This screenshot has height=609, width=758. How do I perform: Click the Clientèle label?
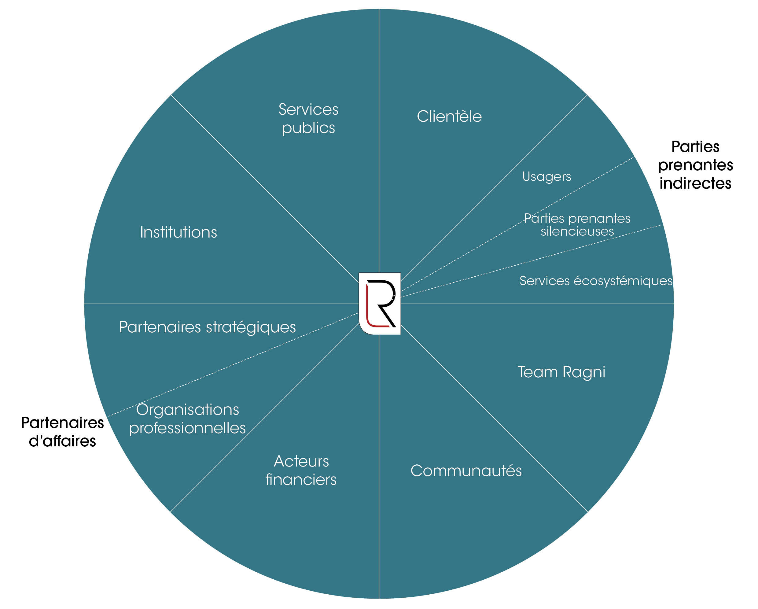point(449,116)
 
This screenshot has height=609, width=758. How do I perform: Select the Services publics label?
point(308,119)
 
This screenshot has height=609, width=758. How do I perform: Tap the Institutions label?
point(178,232)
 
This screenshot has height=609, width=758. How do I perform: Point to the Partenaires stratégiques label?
point(208,327)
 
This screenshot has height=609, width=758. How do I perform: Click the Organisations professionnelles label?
point(187,419)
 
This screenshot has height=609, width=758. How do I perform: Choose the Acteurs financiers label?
point(301,470)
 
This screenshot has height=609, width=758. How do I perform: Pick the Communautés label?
point(466,471)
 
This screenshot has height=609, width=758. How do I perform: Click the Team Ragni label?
point(561,372)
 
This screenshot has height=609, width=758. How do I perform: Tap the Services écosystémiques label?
point(596,281)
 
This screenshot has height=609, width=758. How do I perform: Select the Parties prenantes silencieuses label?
point(577,225)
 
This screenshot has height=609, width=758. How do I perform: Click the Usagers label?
point(547,176)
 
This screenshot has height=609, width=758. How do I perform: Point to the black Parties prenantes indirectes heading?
point(695,165)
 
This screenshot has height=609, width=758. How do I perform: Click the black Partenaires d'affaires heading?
point(62,432)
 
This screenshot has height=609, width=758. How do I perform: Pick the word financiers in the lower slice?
point(301,480)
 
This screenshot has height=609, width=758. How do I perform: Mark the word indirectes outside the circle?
point(695,183)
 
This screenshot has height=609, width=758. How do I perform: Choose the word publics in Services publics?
point(308,128)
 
